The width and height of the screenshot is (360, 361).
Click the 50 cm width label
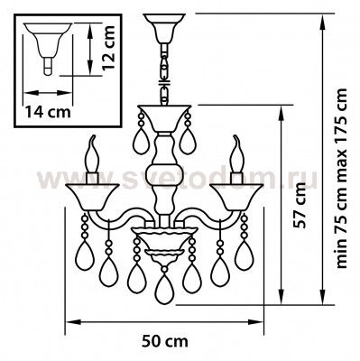tap(165, 341)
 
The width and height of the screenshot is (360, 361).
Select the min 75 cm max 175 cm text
tap(341, 178)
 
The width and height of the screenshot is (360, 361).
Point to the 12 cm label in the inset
tap(108, 48)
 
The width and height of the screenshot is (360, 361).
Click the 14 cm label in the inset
tap(48, 112)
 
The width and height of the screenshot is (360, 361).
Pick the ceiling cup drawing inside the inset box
tap(48, 49)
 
